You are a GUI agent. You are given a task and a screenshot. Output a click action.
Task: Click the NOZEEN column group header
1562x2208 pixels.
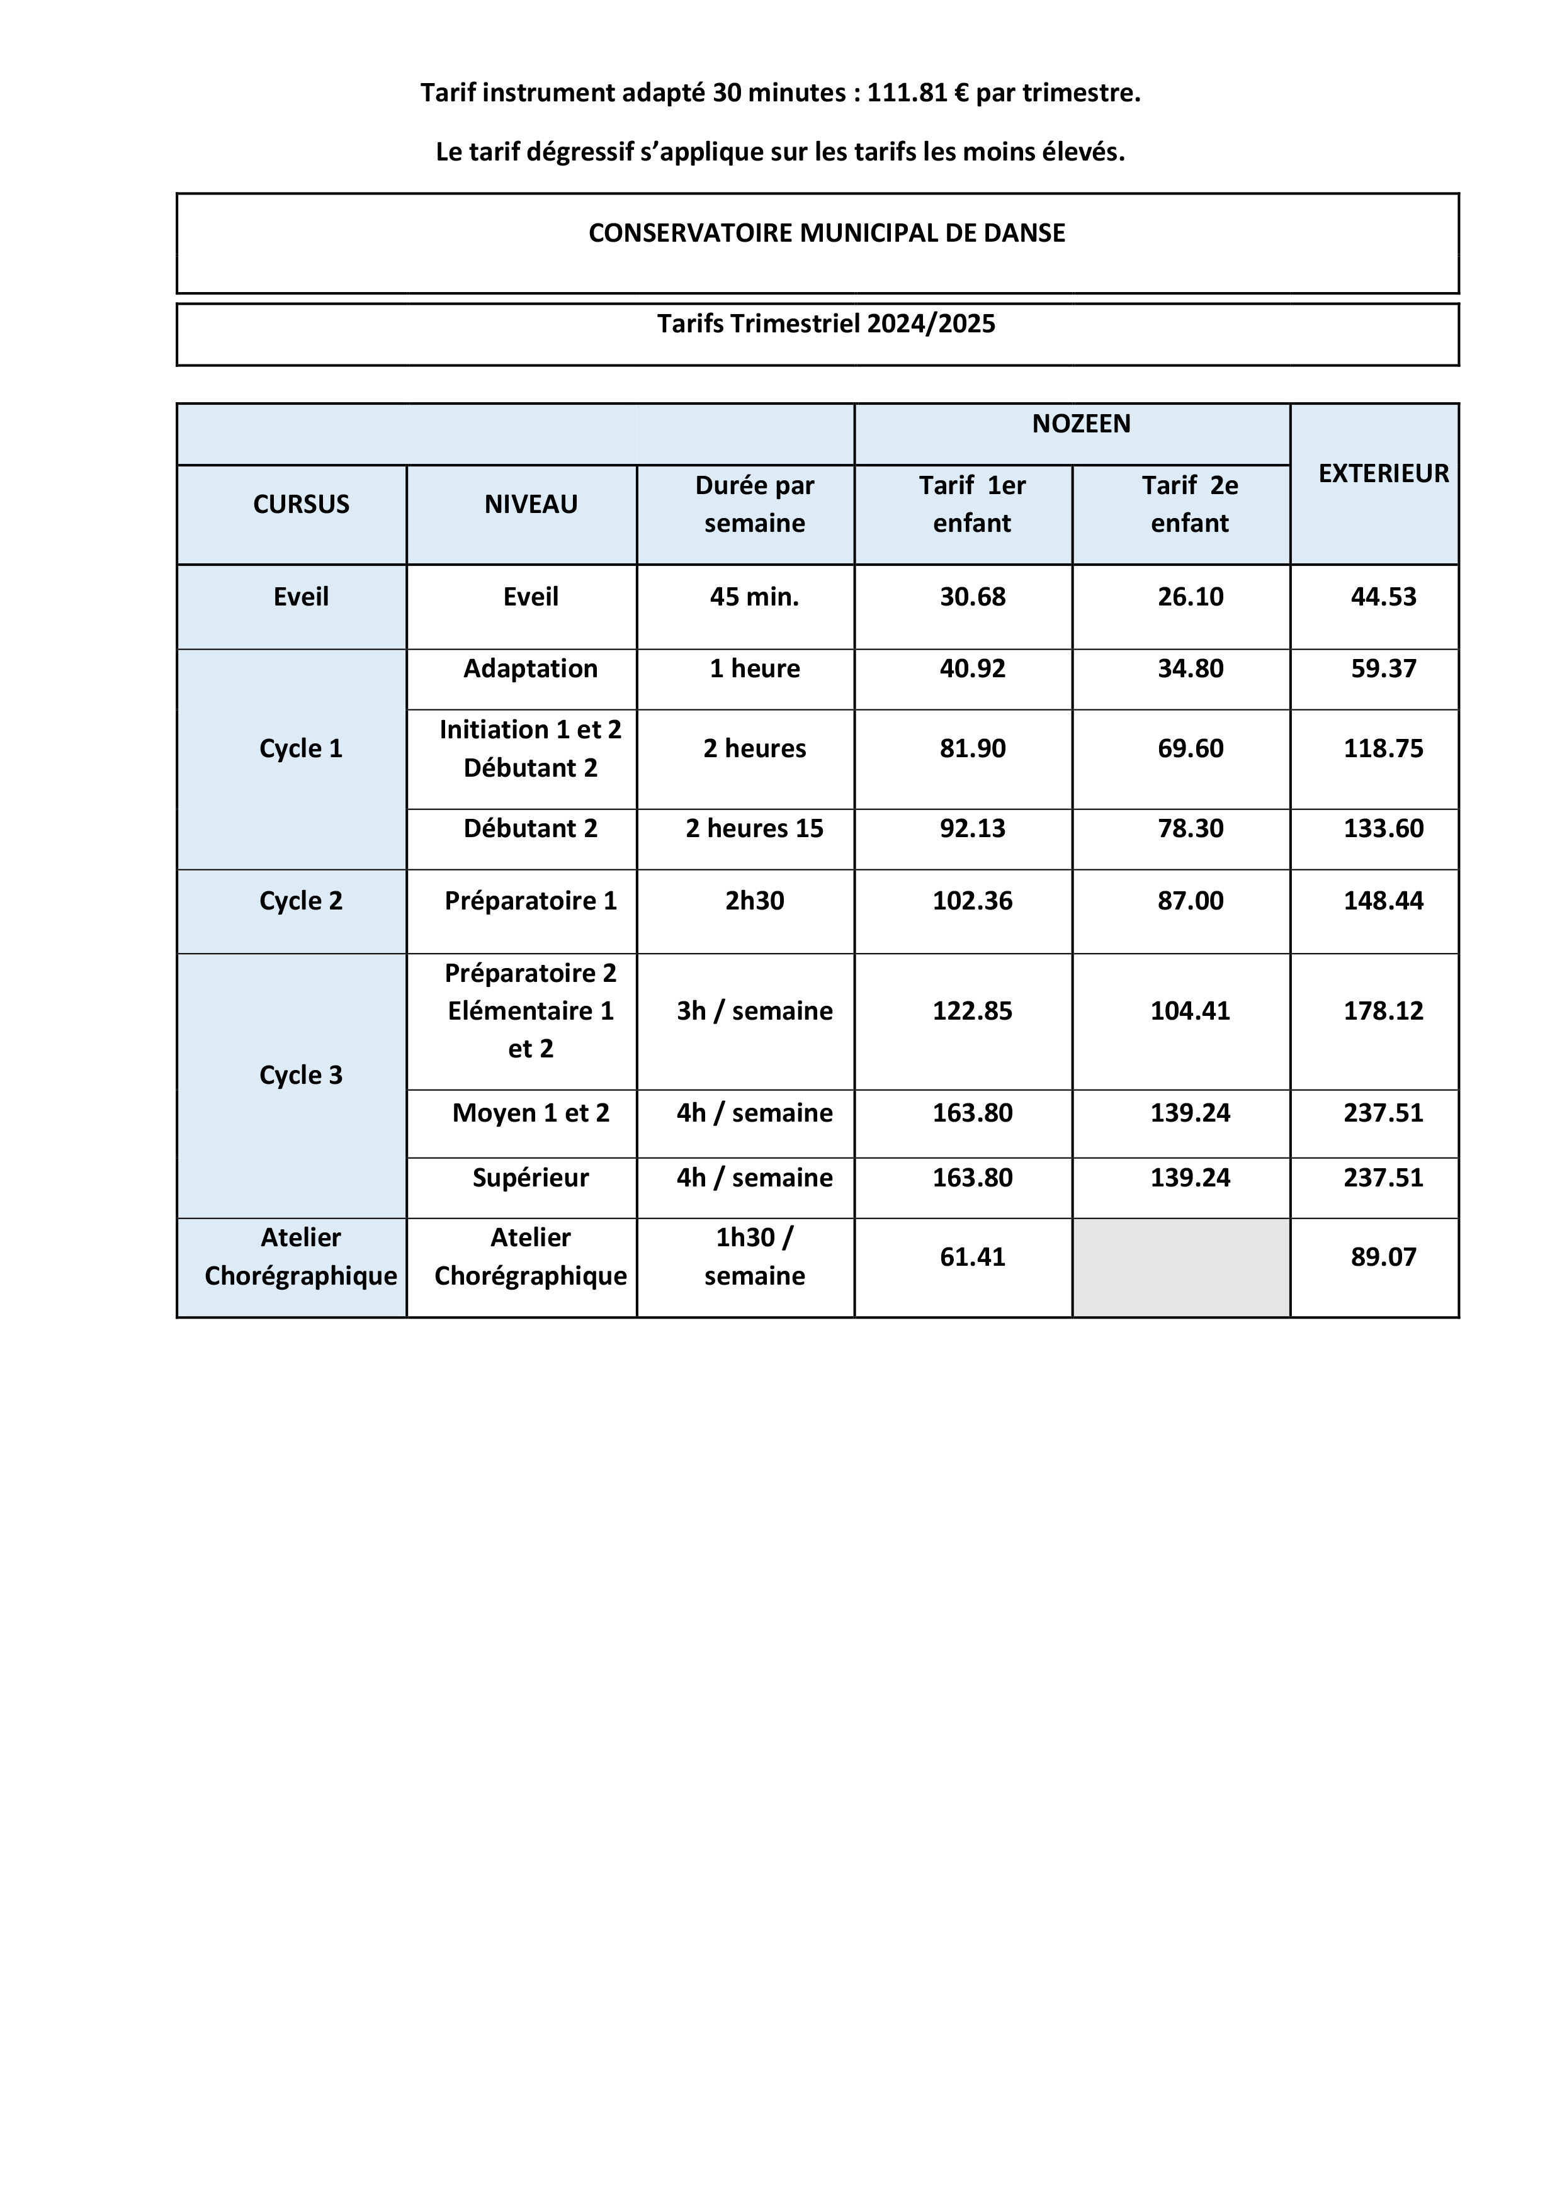1081,424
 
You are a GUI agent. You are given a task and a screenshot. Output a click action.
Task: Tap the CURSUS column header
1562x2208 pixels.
301,505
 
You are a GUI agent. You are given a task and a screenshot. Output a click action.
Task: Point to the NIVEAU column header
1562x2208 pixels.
531,505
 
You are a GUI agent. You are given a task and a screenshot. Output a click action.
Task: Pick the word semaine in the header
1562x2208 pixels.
755,524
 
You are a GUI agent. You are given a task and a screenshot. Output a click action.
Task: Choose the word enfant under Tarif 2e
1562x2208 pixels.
1190,524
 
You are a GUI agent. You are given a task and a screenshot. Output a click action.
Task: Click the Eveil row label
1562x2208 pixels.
301,597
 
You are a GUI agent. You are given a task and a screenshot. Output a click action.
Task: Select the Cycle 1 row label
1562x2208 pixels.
301,749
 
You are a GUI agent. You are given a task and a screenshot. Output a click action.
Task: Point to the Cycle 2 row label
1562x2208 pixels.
301,901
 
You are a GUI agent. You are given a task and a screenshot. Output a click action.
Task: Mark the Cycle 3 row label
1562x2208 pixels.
301,1075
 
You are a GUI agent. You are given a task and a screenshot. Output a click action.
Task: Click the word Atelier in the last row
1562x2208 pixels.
301,1237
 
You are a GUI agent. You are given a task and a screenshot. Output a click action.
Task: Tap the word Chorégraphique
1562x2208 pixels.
301,1276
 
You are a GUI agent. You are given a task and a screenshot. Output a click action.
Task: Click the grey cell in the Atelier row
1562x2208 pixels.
1181,1268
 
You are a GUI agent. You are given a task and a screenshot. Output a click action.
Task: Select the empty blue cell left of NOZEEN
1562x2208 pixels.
516,435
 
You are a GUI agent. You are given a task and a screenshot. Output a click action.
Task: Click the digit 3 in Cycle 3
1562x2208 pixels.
336,1075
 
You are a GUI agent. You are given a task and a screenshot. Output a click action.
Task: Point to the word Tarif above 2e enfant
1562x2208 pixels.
1166,486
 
